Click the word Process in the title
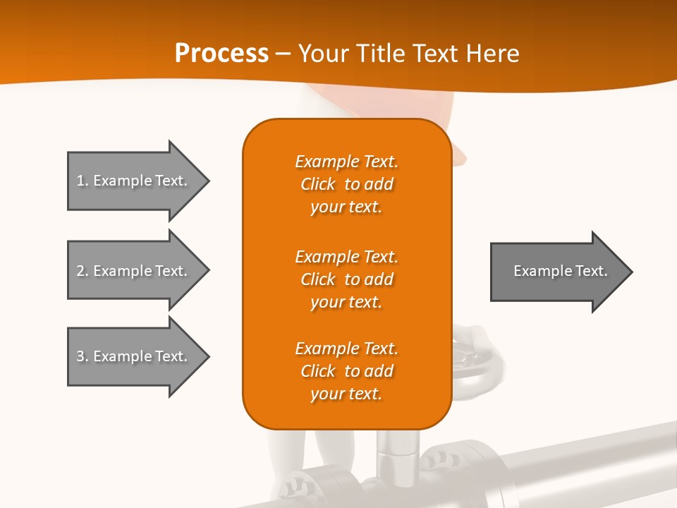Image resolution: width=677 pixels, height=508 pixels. (x=221, y=54)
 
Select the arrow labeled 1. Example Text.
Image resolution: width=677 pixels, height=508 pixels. (x=134, y=181)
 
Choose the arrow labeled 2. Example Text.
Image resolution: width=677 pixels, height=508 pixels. (x=134, y=271)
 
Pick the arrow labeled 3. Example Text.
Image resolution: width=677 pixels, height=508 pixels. (x=134, y=356)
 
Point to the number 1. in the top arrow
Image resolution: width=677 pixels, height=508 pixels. (x=82, y=181)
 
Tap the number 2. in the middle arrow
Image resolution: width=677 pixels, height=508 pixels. (x=82, y=271)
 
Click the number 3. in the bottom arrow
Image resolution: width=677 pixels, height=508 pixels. (x=82, y=356)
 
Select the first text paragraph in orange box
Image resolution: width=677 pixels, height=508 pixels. (x=346, y=184)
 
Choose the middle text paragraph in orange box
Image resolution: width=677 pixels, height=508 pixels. (x=346, y=279)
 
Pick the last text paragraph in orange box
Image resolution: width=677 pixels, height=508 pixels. (x=346, y=371)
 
